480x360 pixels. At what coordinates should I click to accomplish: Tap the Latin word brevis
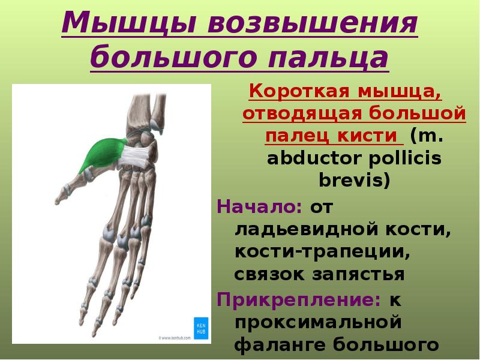point(354,181)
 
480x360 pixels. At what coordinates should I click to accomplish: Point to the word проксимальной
point(317,322)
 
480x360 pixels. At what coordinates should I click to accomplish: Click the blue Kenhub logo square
point(200,326)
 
